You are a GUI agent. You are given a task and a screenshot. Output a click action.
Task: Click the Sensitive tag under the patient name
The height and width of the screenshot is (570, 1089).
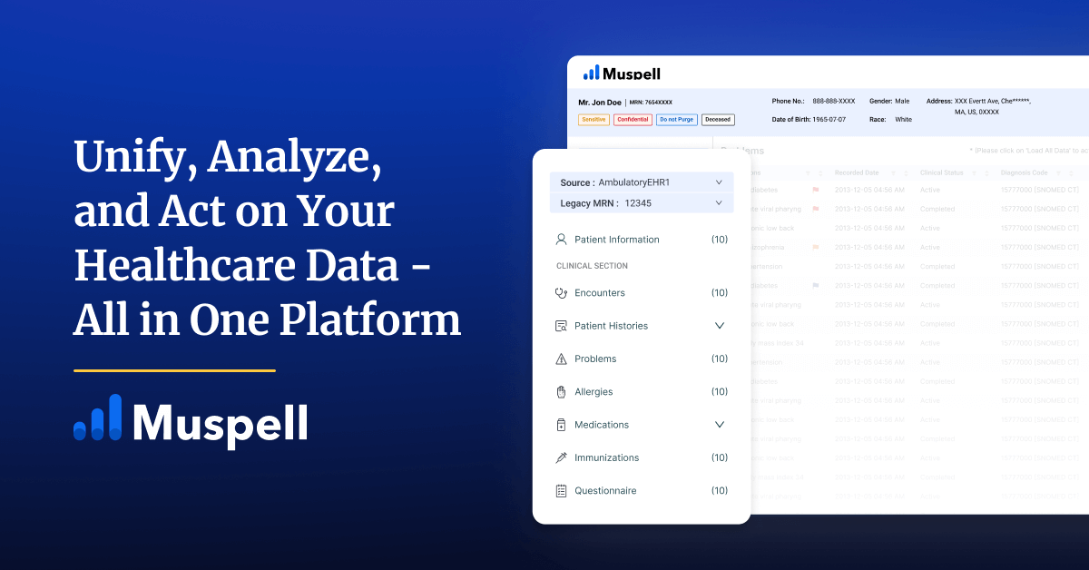point(594,120)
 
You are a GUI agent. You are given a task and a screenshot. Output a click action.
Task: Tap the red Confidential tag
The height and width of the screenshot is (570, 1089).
point(633,120)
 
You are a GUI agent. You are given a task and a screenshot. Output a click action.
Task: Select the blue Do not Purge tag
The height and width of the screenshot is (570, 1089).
point(677,120)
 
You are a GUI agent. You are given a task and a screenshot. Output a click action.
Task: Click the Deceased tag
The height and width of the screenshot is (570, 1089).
point(718,120)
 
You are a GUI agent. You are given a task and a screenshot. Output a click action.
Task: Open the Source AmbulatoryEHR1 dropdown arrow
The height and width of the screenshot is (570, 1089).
point(719,182)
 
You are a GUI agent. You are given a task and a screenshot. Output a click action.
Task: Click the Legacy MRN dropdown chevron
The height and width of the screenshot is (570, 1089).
point(719,203)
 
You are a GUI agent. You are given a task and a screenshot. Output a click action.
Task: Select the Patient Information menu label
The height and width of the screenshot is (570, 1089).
point(616,240)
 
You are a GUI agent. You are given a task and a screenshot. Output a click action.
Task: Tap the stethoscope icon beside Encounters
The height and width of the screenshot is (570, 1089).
point(561,293)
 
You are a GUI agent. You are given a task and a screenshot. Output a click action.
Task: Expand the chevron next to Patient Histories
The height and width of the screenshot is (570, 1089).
point(720,326)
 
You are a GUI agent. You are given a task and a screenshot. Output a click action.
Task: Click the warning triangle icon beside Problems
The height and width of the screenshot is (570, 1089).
point(561,359)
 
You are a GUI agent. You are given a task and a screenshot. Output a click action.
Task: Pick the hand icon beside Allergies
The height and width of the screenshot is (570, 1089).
point(561,392)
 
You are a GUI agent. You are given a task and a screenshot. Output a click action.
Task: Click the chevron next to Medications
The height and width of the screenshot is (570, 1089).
point(720,425)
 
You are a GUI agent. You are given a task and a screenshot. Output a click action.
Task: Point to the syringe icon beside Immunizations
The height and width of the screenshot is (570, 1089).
point(561,458)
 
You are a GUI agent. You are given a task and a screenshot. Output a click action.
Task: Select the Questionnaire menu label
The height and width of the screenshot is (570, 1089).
point(605,491)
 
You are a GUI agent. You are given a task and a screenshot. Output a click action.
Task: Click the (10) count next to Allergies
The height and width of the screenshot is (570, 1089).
point(719,392)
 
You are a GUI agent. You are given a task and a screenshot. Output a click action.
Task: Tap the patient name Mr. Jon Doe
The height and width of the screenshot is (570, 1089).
point(599,103)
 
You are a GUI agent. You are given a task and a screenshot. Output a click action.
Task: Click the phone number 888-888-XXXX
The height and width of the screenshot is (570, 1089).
point(833,102)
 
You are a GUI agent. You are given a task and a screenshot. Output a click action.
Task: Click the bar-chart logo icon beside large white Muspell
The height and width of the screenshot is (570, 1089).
point(97,419)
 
